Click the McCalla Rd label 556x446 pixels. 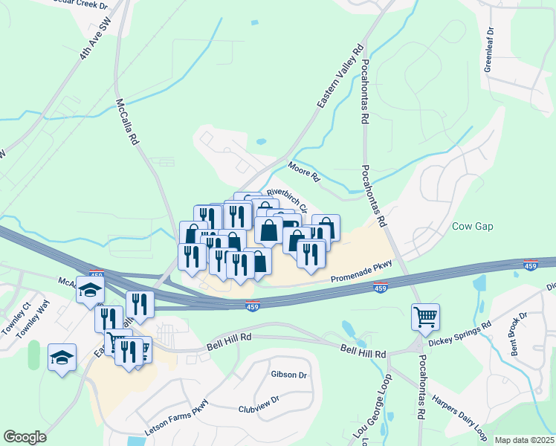pos(128,122)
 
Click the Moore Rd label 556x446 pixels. pos(303,172)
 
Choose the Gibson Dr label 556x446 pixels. pos(289,375)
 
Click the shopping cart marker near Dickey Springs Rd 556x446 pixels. pos(425,317)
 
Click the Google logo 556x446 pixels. pos(25,437)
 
